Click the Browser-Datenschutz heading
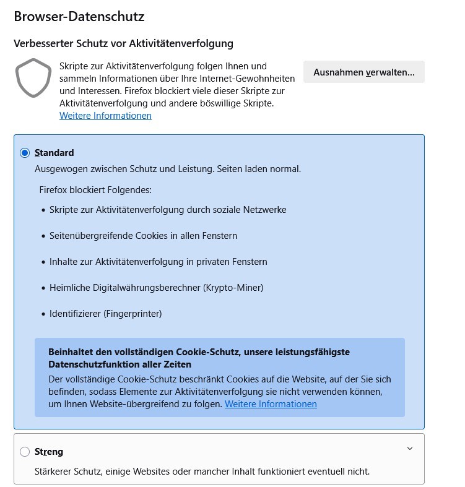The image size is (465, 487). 79,17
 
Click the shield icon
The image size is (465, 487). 33,78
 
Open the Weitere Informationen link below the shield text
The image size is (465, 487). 105,116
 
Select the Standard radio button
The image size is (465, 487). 25,153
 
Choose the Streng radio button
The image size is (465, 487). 25,452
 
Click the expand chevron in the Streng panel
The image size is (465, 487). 409,449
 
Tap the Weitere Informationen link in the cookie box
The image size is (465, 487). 271,404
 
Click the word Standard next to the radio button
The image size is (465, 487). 54,153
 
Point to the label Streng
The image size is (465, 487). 49,452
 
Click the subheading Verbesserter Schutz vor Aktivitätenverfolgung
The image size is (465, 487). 123,43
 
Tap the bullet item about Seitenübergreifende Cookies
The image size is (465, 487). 143,236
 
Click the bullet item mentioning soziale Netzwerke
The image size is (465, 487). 168,210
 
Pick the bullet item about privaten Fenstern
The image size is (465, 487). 158,262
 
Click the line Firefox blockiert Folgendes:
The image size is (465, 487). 95,190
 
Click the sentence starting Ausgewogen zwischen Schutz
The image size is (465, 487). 168,169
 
